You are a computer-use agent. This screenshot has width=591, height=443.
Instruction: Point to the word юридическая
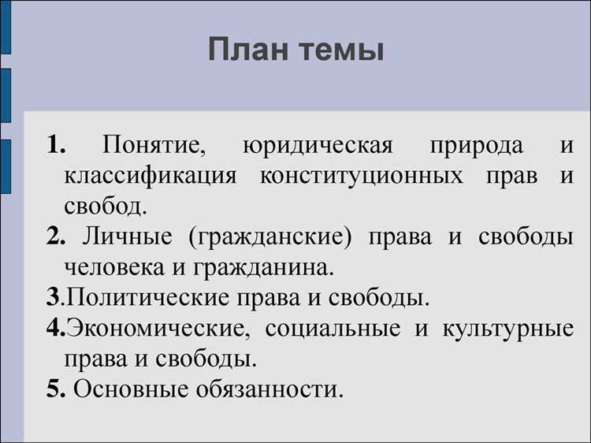click(x=318, y=147)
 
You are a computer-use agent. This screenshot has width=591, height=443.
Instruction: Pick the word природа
click(x=476, y=147)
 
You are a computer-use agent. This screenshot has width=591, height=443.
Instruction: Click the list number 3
click(x=52, y=298)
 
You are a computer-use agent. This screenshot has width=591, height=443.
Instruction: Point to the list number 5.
click(x=54, y=389)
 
